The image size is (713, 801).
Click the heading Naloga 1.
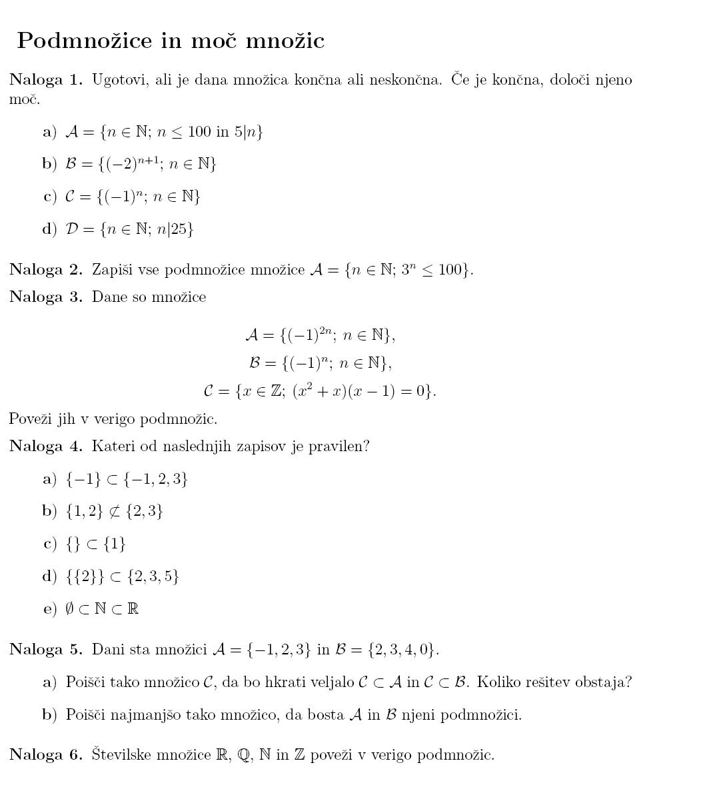(45, 80)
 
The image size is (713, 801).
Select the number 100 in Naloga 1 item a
(199, 132)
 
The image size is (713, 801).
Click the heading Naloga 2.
(45, 270)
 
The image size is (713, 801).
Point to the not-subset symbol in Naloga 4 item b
(115, 511)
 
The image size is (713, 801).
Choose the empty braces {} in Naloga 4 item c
(72, 544)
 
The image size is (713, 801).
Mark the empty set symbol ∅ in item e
(70, 608)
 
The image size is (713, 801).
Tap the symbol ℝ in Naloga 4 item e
(133, 608)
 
